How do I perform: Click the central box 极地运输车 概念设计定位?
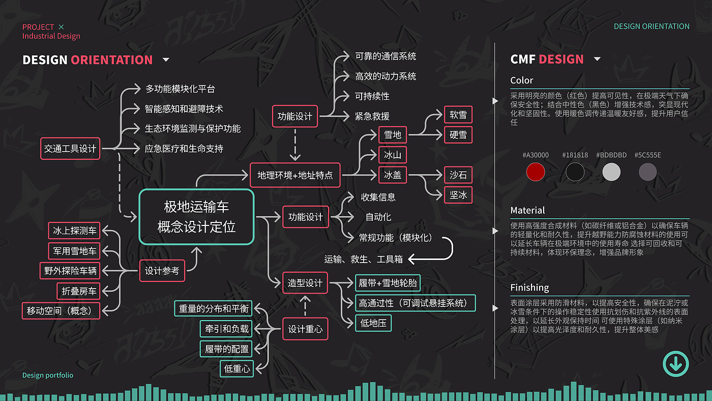point(196,217)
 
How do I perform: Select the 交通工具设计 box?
point(70,149)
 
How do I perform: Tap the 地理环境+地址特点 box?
point(295,175)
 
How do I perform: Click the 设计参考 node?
point(162,271)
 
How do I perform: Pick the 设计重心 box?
point(305,329)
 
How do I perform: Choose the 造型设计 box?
point(305,283)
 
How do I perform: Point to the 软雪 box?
point(458,115)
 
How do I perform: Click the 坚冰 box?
point(458,195)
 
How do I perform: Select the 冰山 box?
point(393,155)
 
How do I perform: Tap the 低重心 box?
point(238,368)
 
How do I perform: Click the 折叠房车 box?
point(79,291)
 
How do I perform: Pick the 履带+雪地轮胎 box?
point(389,283)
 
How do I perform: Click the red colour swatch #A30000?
point(536,172)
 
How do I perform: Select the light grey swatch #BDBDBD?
point(611,172)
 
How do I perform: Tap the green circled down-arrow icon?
point(675,364)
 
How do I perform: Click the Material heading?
point(527,210)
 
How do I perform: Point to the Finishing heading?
point(529,288)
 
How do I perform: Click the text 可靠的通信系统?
point(385,56)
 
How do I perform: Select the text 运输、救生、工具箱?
point(363,259)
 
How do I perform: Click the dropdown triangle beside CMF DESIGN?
point(597,59)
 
